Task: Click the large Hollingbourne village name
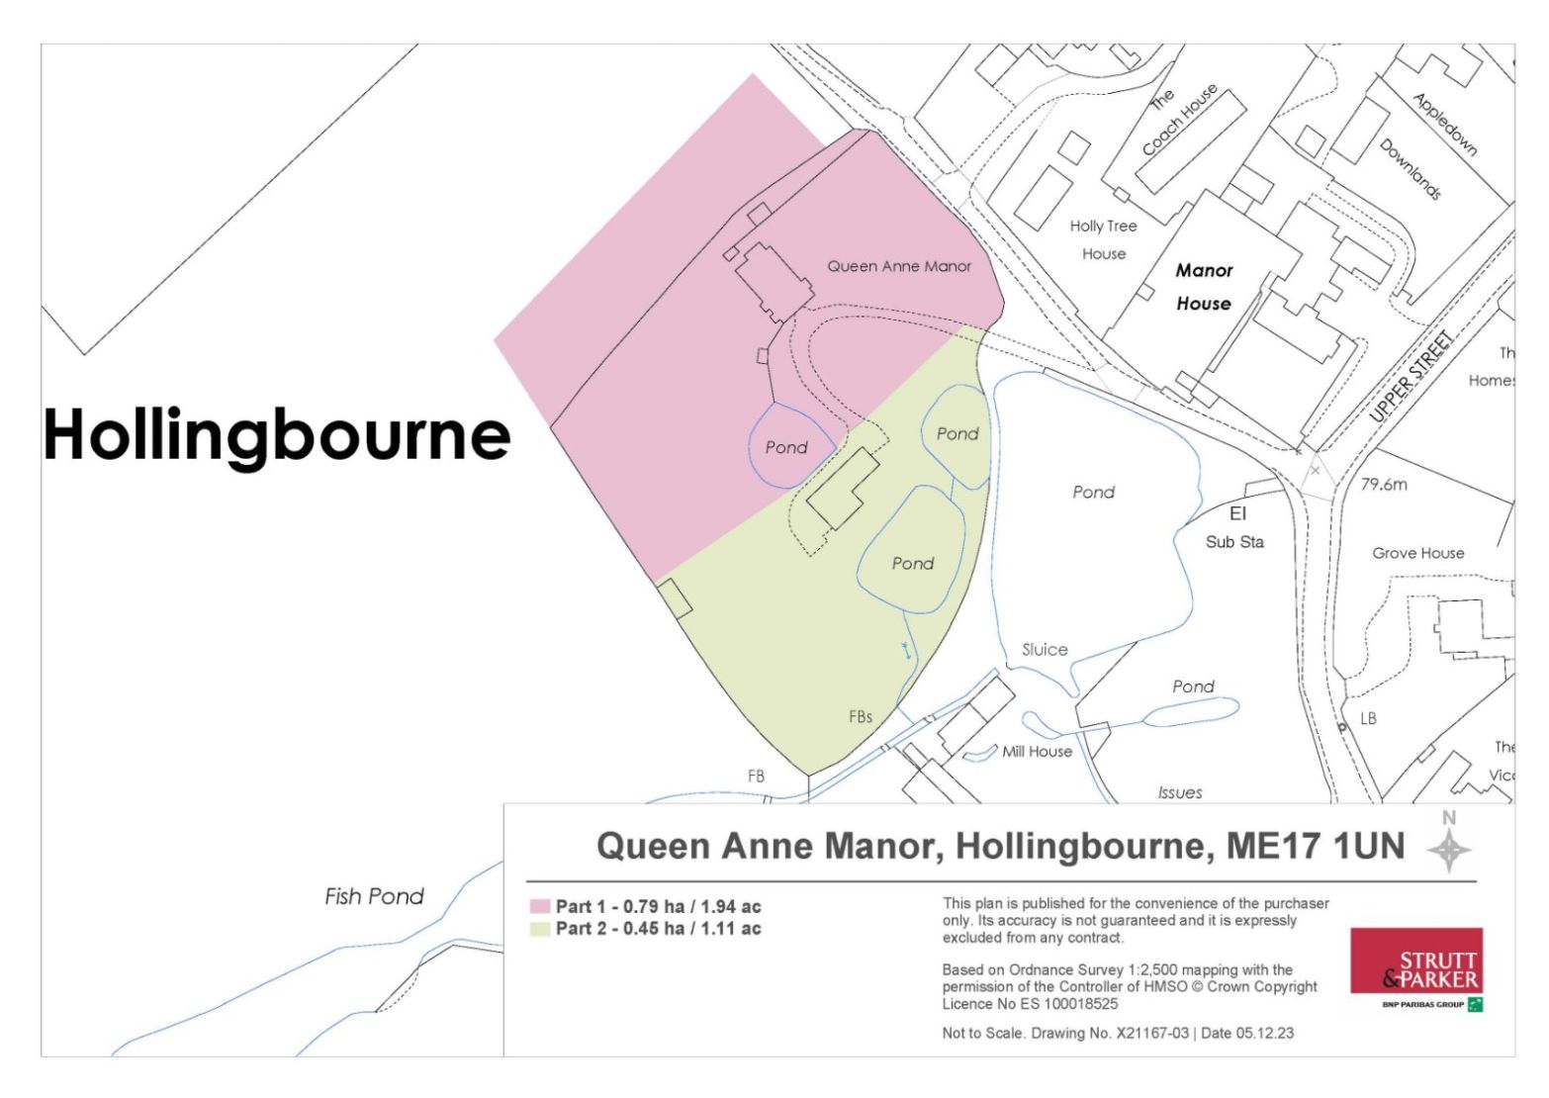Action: click(277, 434)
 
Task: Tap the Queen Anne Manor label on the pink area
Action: click(899, 266)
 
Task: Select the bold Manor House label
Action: click(1204, 287)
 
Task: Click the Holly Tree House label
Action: click(1104, 239)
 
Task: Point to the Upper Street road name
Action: click(1412, 378)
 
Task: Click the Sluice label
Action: click(1045, 650)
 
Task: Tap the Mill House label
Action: click(1037, 752)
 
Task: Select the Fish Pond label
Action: click(374, 897)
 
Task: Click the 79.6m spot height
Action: click(1384, 485)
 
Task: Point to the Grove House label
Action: click(1417, 553)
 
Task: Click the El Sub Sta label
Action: click(1235, 528)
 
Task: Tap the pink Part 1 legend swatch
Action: click(539, 906)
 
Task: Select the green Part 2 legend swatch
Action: click(539, 929)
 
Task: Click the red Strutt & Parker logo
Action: click(1416, 961)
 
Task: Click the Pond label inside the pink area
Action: click(786, 448)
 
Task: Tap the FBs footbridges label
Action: click(861, 717)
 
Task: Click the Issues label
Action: click(1180, 792)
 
